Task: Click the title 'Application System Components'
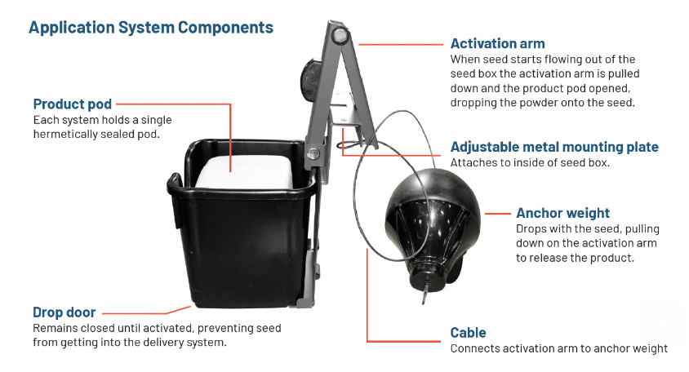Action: pyautogui.click(x=151, y=28)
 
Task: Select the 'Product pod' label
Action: pyautogui.click(x=72, y=104)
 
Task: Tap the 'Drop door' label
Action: pyautogui.click(x=64, y=312)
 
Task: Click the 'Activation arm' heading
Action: pyautogui.click(x=497, y=44)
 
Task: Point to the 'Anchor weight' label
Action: pyautogui.click(x=562, y=213)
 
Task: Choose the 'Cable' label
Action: pyautogui.click(x=468, y=333)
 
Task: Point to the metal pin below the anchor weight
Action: pyautogui.click(x=424, y=295)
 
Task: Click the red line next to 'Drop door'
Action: pyautogui.click(x=147, y=312)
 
